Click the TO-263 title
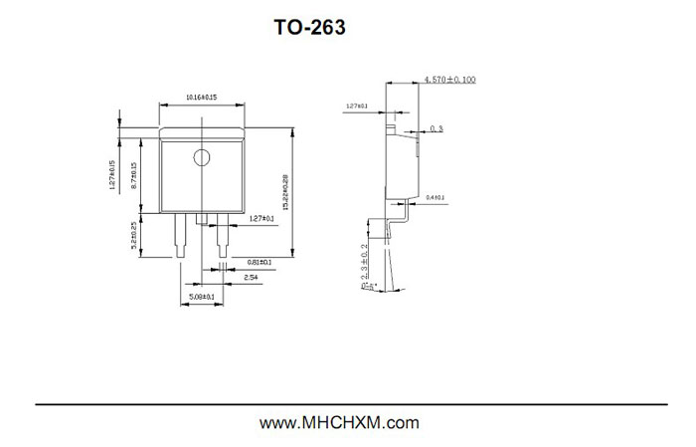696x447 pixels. [310, 28]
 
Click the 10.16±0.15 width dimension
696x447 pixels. [202, 97]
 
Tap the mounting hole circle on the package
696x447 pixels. [202, 156]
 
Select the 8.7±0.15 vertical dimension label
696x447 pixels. [134, 176]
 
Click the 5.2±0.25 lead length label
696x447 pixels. [134, 238]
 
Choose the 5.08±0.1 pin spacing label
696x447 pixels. [202, 296]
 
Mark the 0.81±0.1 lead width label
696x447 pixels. [260, 263]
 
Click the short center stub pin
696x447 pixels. [202, 220]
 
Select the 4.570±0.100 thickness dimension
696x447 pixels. [449, 78]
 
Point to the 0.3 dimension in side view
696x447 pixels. [436, 129]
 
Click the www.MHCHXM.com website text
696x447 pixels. [339, 423]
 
